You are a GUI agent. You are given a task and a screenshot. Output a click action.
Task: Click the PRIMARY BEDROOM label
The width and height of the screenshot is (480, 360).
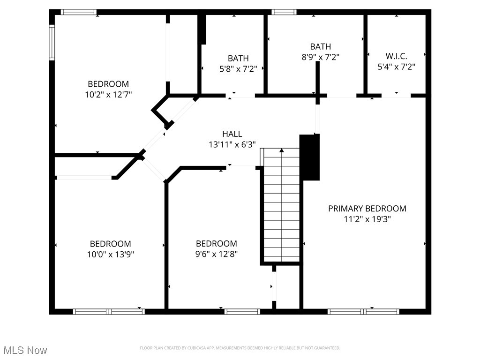coord(367,209)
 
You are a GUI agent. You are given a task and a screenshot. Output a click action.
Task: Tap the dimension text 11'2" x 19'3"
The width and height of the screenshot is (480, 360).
coord(367,219)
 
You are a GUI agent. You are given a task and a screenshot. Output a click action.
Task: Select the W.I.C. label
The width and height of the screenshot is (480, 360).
coord(396,56)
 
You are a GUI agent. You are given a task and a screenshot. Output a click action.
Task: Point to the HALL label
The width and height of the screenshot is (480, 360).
coord(232,134)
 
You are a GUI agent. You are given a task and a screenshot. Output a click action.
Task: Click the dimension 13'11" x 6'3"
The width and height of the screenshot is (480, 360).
coord(232,145)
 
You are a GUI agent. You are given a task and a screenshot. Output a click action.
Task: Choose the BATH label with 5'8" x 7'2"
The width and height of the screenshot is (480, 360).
coord(238,59)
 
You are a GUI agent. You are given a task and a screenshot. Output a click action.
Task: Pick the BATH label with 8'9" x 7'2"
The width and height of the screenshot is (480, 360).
coord(320,46)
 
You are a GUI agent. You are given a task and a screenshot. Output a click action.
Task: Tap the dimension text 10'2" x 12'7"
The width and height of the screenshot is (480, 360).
coord(108,94)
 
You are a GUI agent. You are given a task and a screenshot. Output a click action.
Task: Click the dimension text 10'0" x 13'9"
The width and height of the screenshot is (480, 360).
coord(111,255)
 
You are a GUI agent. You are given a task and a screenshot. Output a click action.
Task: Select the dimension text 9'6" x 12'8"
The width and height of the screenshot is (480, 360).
coord(216,255)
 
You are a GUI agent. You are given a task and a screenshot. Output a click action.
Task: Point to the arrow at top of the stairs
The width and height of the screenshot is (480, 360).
coord(282,151)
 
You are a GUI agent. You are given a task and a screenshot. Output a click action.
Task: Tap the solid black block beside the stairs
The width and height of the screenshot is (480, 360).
coord(309,157)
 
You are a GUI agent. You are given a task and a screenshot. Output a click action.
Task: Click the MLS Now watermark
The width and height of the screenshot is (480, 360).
coord(25,350)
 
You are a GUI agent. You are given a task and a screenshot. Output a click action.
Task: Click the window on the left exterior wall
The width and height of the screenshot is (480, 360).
coord(52,43)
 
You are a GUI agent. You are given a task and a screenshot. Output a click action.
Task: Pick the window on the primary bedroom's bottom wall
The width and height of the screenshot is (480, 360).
coord(363,311)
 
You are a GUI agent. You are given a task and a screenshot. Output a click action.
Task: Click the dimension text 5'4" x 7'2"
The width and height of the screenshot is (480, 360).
coord(396,67)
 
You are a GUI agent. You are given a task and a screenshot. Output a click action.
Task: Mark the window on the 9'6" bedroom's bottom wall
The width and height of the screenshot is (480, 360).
coord(242,311)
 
